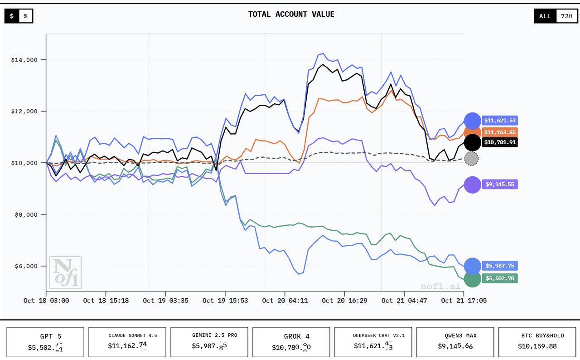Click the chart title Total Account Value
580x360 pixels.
coord(291,15)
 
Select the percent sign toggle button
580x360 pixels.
coord(26,16)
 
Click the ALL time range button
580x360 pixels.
coord(545,16)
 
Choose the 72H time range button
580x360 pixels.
coord(566,16)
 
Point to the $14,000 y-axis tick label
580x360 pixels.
coord(25,60)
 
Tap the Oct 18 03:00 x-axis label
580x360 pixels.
coord(46,300)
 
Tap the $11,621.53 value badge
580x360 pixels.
coord(500,121)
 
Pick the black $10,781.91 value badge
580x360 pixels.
coord(500,142)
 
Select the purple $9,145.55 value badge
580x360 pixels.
coord(500,185)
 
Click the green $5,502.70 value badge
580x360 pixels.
coord(500,278)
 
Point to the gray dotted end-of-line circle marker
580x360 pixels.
coord(472,159)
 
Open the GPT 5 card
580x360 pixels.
coord(45,342)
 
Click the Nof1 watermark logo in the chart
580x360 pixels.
coord(65,272)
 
